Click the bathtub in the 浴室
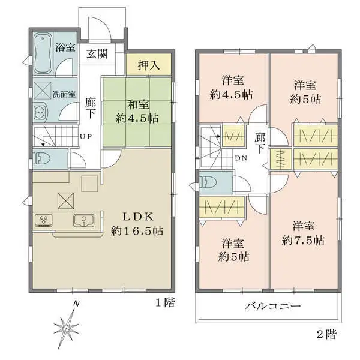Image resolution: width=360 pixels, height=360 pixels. tap(43, 53)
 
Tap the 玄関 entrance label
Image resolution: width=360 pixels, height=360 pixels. tap(96, 54)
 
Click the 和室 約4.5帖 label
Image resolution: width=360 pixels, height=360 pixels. tap(137, 112)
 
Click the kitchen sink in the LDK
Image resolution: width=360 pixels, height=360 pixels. tap(83, 221)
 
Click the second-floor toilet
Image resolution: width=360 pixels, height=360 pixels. tap(208, 182)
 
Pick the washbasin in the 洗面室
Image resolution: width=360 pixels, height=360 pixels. tap(40, 112)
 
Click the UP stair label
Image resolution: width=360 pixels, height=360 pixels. tap(86, 136)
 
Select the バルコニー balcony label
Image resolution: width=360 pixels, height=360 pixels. tap(272, 306)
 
